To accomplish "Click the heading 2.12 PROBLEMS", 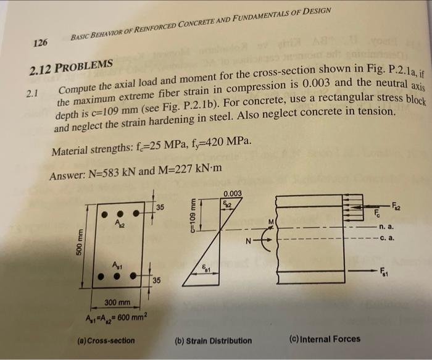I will [x=69, y=65].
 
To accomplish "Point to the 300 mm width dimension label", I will [x=117, y=302].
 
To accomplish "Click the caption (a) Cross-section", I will [x=106, y=340].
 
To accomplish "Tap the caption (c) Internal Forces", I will [x=325, y=338].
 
